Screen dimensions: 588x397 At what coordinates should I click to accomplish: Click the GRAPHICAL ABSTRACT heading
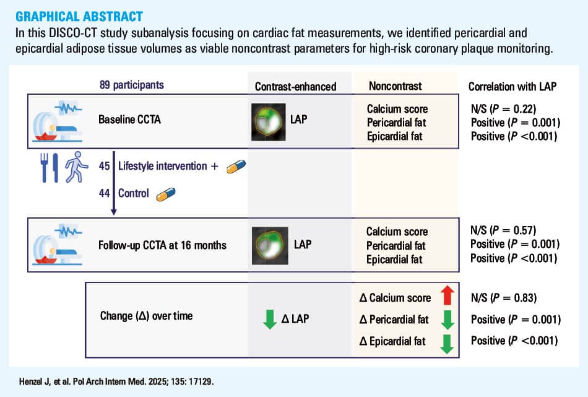(79, 17)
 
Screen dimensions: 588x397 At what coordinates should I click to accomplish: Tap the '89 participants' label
(132, 85)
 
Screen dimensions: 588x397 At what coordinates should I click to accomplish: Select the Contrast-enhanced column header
(295, 87)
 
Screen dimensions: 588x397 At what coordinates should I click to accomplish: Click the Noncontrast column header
(396, 86)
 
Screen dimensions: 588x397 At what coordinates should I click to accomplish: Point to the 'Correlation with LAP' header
(512, 87)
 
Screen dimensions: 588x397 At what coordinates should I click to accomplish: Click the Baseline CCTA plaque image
(268, 122)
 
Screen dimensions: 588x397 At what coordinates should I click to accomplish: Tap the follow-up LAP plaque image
(270, 245)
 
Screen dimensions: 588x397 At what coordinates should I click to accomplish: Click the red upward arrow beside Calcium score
(447, 295)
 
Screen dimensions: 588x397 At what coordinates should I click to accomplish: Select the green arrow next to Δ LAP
(270, 320)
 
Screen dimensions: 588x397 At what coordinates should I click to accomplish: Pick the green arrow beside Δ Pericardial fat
(447, 320)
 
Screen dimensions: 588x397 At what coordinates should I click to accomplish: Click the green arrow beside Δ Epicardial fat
(447, 344)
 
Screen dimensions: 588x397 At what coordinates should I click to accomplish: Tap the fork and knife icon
(50, 168)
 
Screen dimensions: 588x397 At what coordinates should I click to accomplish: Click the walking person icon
(76, 167)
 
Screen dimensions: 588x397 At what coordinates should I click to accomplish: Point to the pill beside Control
(166, 194)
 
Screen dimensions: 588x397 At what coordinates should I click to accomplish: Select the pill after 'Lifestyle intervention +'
(236, 167)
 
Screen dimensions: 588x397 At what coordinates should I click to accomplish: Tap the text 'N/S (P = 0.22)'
(503, 109)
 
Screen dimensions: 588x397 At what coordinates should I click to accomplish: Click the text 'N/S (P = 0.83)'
(504, 298)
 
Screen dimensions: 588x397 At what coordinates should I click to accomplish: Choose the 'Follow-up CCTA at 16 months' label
(162, 245)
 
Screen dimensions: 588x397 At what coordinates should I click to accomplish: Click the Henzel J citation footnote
(116, 382)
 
